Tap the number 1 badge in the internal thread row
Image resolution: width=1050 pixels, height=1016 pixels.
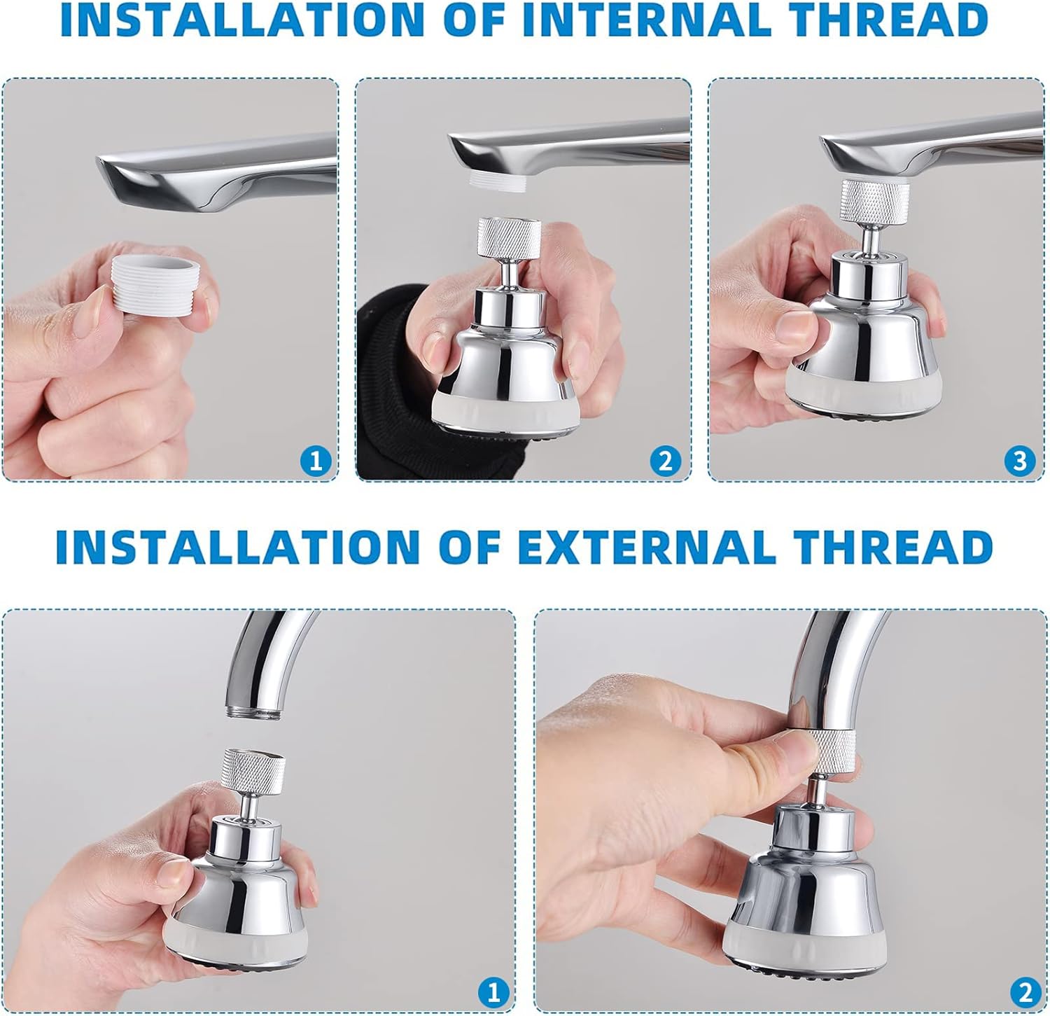(316, 461)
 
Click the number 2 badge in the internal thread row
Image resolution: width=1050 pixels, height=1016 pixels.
(665, 461)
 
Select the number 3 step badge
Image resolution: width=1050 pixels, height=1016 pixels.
(1019, 461)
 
